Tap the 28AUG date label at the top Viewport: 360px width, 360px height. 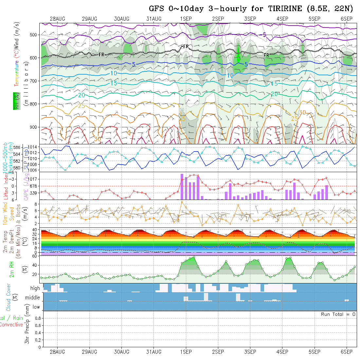point(57,19)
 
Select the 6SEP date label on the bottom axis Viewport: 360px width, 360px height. point(347,352)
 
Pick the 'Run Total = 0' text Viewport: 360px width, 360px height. point(338,314)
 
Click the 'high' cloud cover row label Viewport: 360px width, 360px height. point(35,288)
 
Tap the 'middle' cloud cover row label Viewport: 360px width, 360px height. point(33,298)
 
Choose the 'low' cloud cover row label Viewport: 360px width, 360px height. point(36,307)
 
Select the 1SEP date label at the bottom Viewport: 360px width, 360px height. point(186,352)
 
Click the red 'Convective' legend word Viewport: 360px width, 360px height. point(11,325)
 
